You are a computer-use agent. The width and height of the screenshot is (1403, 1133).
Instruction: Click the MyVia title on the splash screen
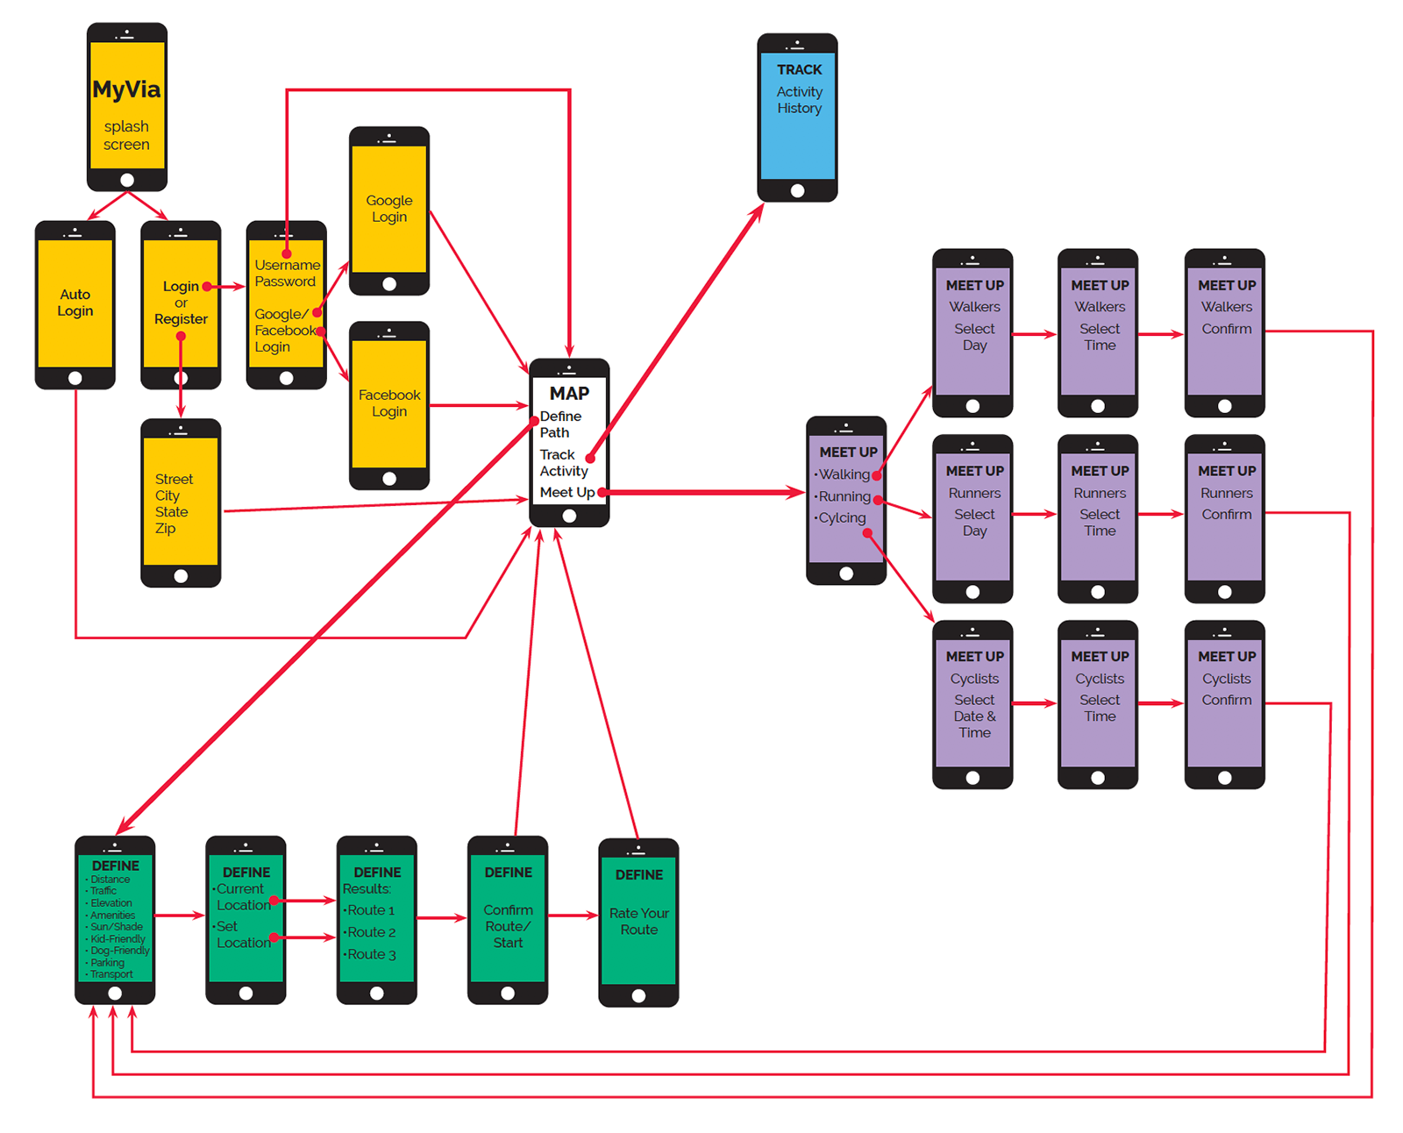tap(126, 89)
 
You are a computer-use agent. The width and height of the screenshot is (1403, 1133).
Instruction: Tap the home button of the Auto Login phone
tap(75, 378)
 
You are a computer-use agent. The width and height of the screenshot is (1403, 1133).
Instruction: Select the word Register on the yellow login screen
tap(181, 319)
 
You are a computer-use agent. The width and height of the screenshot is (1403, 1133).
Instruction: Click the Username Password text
tap(286, 273)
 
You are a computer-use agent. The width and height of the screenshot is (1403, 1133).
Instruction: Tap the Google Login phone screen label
tap(389, 209)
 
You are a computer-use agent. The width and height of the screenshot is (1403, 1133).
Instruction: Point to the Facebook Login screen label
tap(389, 403)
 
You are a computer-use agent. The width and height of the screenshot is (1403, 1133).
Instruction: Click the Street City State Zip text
tap(172, 503)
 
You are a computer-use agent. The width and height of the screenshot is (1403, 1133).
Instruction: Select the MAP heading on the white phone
tap(569, 393)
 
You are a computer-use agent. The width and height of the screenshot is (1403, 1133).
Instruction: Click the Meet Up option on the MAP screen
tap(566, 492)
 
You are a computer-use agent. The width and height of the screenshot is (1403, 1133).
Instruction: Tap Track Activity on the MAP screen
tap(563, 462)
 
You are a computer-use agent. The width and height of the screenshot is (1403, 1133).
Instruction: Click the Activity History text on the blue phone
tap(799, 100)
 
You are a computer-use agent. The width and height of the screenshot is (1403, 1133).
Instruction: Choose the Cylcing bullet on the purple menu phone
tap(842, 517)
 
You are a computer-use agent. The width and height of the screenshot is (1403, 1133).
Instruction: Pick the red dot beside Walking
tap(877, 475)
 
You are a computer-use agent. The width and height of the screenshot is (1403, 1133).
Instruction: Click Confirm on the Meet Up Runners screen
tap(1226, 514)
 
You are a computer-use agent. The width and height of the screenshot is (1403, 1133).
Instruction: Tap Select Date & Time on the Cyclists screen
tap(974, 716)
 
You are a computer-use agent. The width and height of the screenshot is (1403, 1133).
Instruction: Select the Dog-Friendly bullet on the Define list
tap(119, 951)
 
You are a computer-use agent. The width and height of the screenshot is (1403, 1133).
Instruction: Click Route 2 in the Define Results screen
tap(371, 932)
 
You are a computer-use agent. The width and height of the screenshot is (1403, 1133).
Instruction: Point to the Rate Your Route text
tap(638, 921)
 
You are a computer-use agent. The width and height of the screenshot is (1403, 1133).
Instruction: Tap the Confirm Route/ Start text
tap(508, 926)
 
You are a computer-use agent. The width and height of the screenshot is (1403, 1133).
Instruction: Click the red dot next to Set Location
tap(274, 937)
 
